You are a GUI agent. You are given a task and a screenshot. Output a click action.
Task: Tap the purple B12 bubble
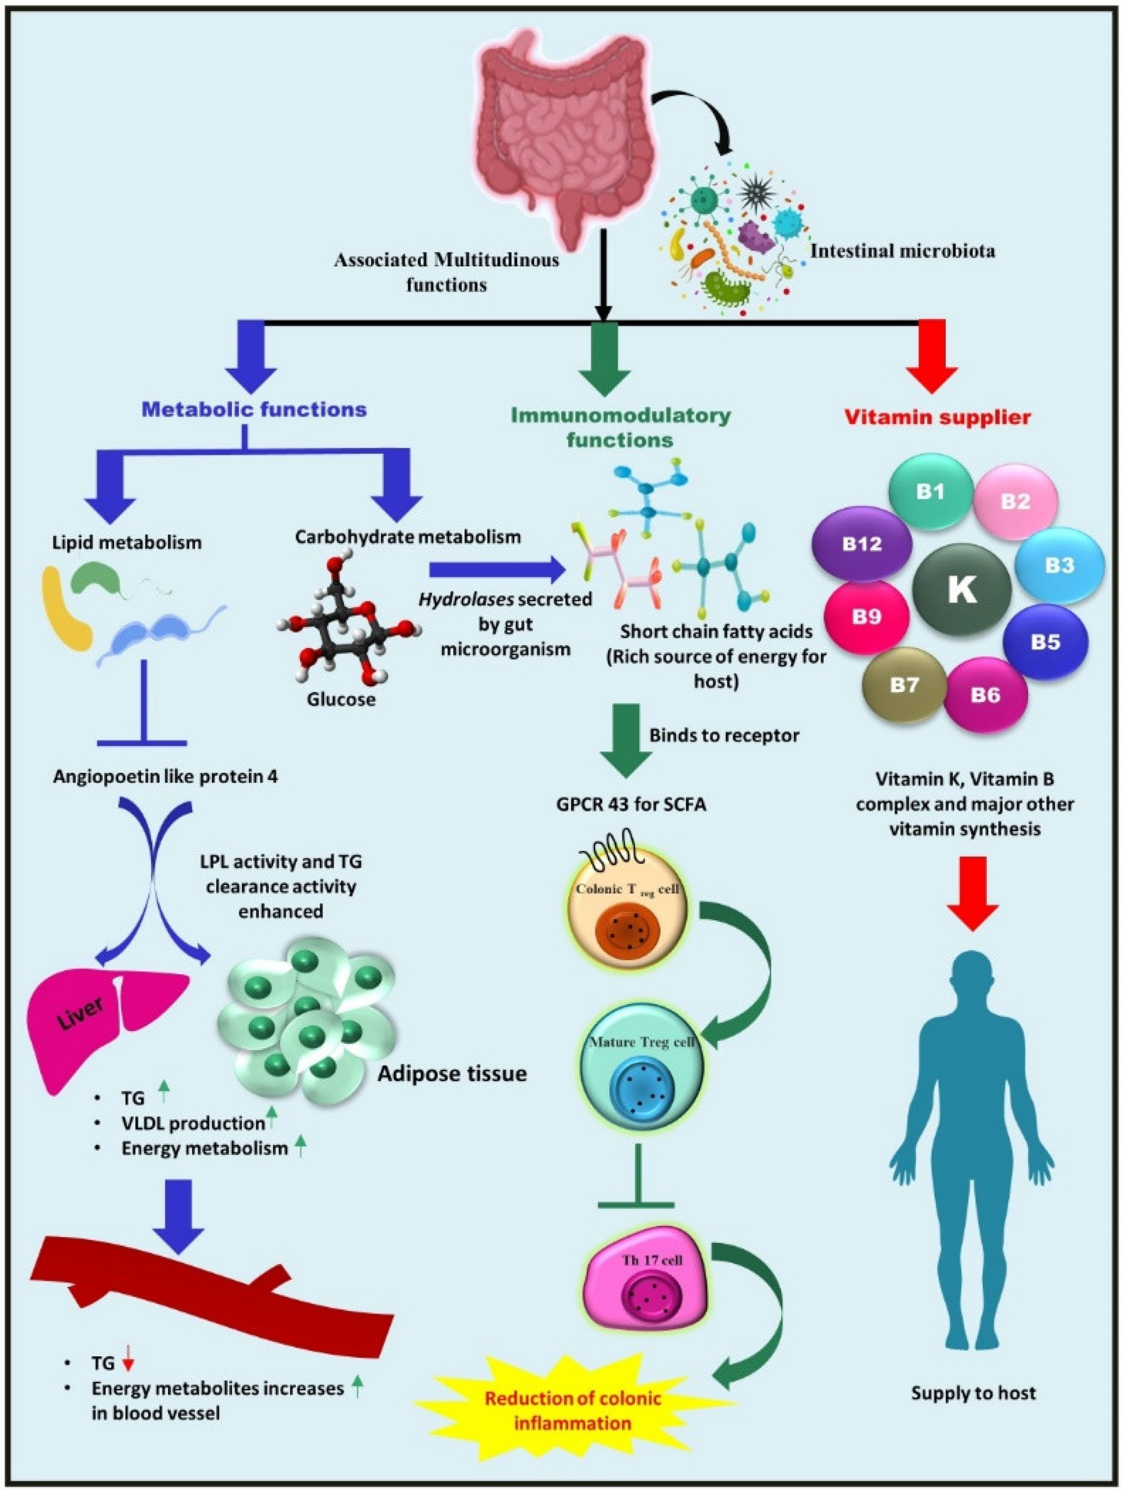tap(862, 544)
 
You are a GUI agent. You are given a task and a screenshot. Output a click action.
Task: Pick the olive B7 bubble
tap(904, 685)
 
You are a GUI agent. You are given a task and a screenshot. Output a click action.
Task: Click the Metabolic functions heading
tap(254, 409)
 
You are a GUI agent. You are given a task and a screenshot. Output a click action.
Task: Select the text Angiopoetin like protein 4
tap(165, 777)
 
